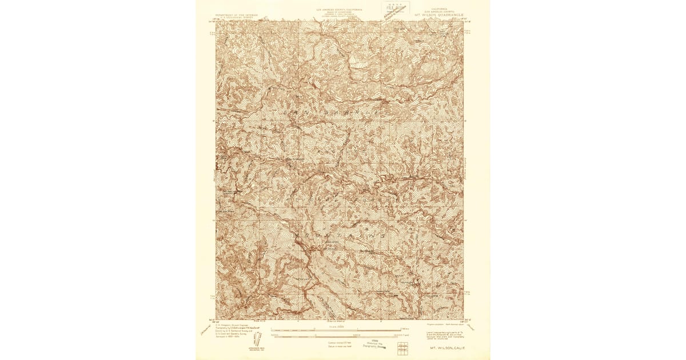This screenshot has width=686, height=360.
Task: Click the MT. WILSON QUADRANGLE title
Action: point(440,15)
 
